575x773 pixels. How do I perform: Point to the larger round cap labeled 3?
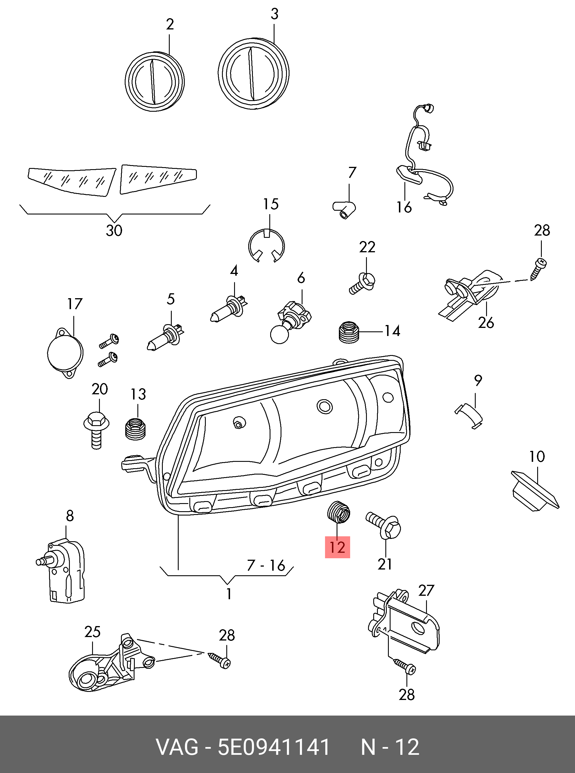(253, 74)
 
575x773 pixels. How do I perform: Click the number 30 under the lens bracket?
(114, 230)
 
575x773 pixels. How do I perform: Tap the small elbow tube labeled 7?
(344, 210)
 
